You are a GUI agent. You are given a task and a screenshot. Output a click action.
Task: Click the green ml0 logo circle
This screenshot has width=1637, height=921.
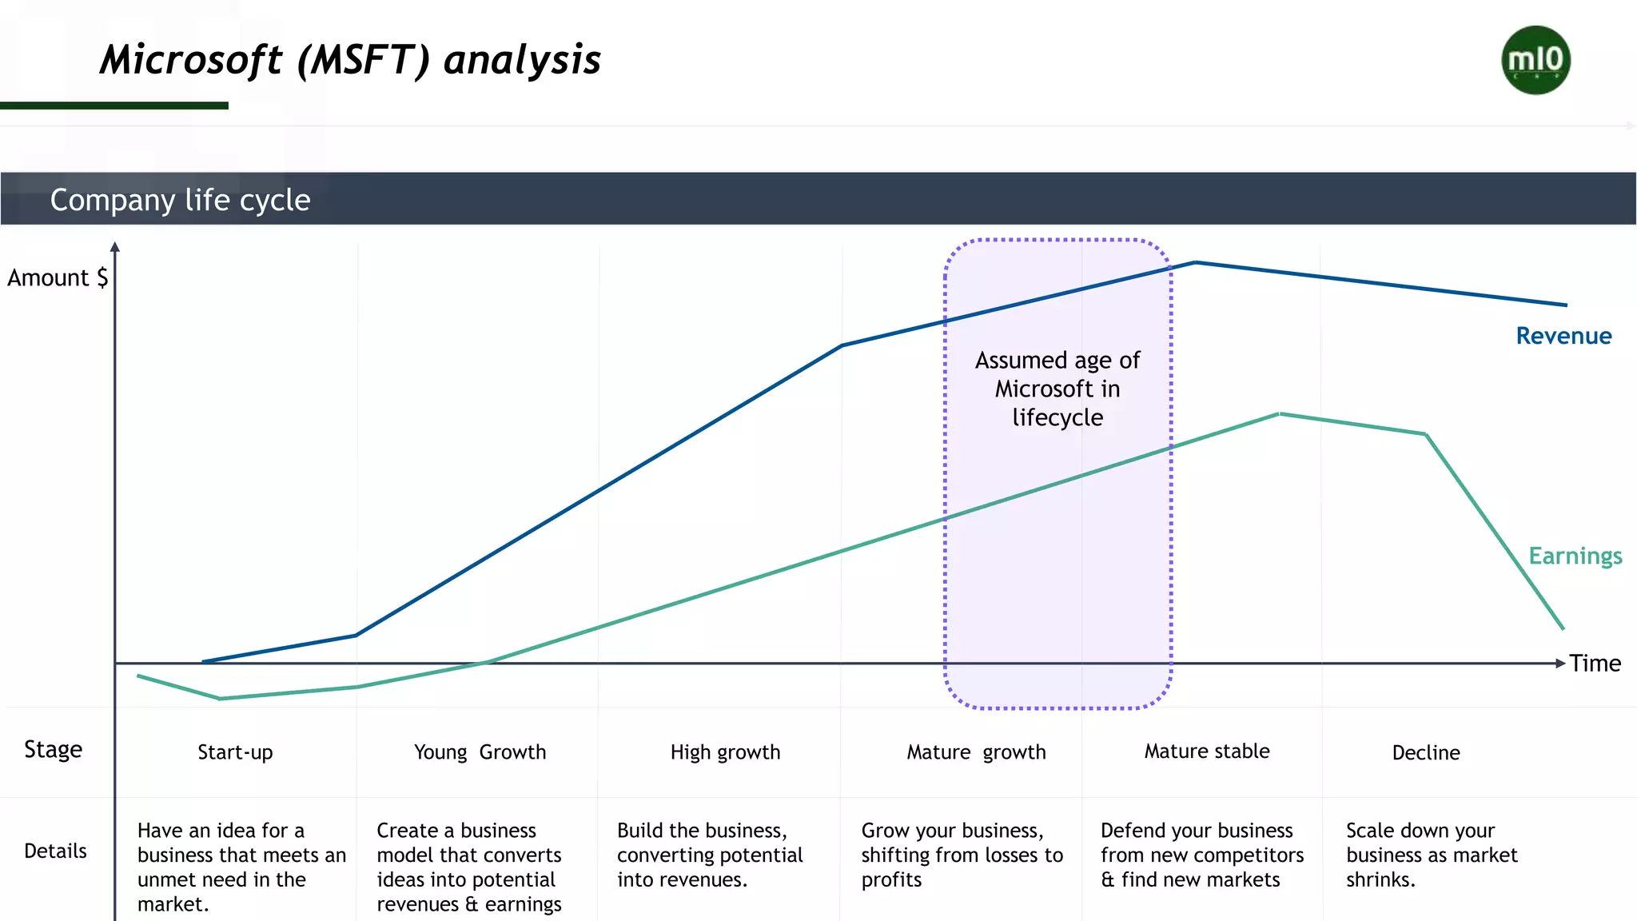pos(1535,60)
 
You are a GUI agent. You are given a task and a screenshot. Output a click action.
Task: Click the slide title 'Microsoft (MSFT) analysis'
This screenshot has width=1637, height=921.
pos(350,60)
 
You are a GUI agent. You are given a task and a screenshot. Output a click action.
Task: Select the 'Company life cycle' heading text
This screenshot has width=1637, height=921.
pos(180,200)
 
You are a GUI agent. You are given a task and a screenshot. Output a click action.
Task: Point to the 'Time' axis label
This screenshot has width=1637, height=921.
pos(1595,663)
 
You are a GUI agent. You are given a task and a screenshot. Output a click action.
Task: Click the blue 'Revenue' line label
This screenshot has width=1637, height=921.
pos(1563,336)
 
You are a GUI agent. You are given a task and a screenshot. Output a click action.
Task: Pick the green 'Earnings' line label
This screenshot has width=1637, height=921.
pos(1575,556)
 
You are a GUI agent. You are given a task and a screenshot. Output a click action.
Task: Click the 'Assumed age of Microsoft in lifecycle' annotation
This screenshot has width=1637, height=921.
pos(1057,389)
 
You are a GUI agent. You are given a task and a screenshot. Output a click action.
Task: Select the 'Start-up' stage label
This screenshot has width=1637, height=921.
pos(235,752)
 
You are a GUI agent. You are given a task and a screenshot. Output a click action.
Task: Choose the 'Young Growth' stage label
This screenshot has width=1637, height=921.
pos(480,752)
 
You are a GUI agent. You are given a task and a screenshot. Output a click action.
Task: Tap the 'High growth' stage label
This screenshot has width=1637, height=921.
pos(725,752)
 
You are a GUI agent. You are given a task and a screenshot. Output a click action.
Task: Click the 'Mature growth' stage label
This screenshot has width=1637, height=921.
pos(976,752)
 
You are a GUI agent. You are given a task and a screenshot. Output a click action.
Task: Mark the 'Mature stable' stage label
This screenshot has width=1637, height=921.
pos(1207,752)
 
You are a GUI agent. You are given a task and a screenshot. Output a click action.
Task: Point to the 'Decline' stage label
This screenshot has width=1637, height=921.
pos(1426,752)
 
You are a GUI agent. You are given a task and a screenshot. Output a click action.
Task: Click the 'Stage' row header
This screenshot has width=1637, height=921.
pos(53,749)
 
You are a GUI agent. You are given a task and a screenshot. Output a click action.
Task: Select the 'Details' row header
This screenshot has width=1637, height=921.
pos(55,851)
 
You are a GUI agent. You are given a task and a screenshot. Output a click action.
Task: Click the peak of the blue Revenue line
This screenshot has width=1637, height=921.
pos(1195,262)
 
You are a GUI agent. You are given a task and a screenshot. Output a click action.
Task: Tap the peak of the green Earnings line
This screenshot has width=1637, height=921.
pos(1280,414)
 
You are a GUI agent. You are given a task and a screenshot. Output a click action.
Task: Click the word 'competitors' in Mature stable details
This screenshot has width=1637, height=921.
pos(1258,855)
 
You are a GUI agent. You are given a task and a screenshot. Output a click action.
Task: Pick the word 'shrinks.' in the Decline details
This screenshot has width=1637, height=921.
pos(1380,880)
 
